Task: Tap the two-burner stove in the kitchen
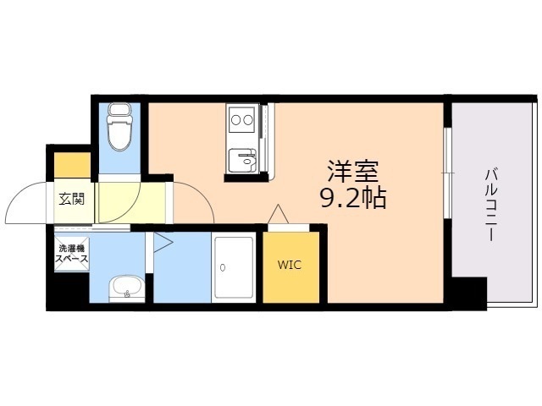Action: (x=241, y=119)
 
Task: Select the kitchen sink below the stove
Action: (x=242, y=158)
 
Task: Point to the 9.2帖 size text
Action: (x=352, y=199)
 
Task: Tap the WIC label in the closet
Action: (x=290, y=265)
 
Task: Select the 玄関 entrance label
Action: (x=71, y=200)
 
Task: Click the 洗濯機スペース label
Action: (x=70, y=255)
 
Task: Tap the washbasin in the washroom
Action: (x=127, y=288)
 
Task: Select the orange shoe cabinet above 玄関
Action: (x=73, y=165)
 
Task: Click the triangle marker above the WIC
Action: (x=278, y=215)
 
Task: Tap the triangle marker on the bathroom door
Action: (x=162, y=244)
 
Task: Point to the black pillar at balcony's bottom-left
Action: (x=467, y=292)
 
